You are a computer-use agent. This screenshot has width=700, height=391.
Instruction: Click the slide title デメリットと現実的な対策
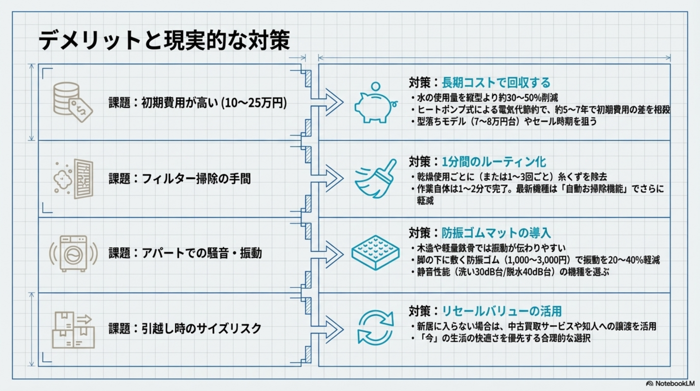pyautogui.click(x=164, y=40)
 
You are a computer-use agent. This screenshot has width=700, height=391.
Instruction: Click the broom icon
pyautogui.click(x=376, y=178)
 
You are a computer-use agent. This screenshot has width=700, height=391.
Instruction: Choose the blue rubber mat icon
pyautogui.click(x=375, y=252)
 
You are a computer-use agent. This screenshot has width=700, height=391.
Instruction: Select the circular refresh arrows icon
pyautogui.click(x=376, y=327)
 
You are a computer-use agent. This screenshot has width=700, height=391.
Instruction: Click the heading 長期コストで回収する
pyautogui.click(x=496, y=83)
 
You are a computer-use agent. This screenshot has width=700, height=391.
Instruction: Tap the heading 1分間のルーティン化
pyautogui.click(x=494, y=162)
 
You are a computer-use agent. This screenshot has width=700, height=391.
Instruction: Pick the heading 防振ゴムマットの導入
pyautogui.click(x=496, y=233)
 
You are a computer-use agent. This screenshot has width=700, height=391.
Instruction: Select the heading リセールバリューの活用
pyautogui.click(x=502, y=311)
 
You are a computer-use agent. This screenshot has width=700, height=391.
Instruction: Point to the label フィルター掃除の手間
pyautogui.click(x=196, y=179)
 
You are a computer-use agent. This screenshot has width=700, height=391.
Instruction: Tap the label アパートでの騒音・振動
pyautogui.click(x=201, y=253)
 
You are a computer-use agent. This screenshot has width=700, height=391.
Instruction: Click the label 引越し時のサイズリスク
pyautogui.click(x=201, y=329)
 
